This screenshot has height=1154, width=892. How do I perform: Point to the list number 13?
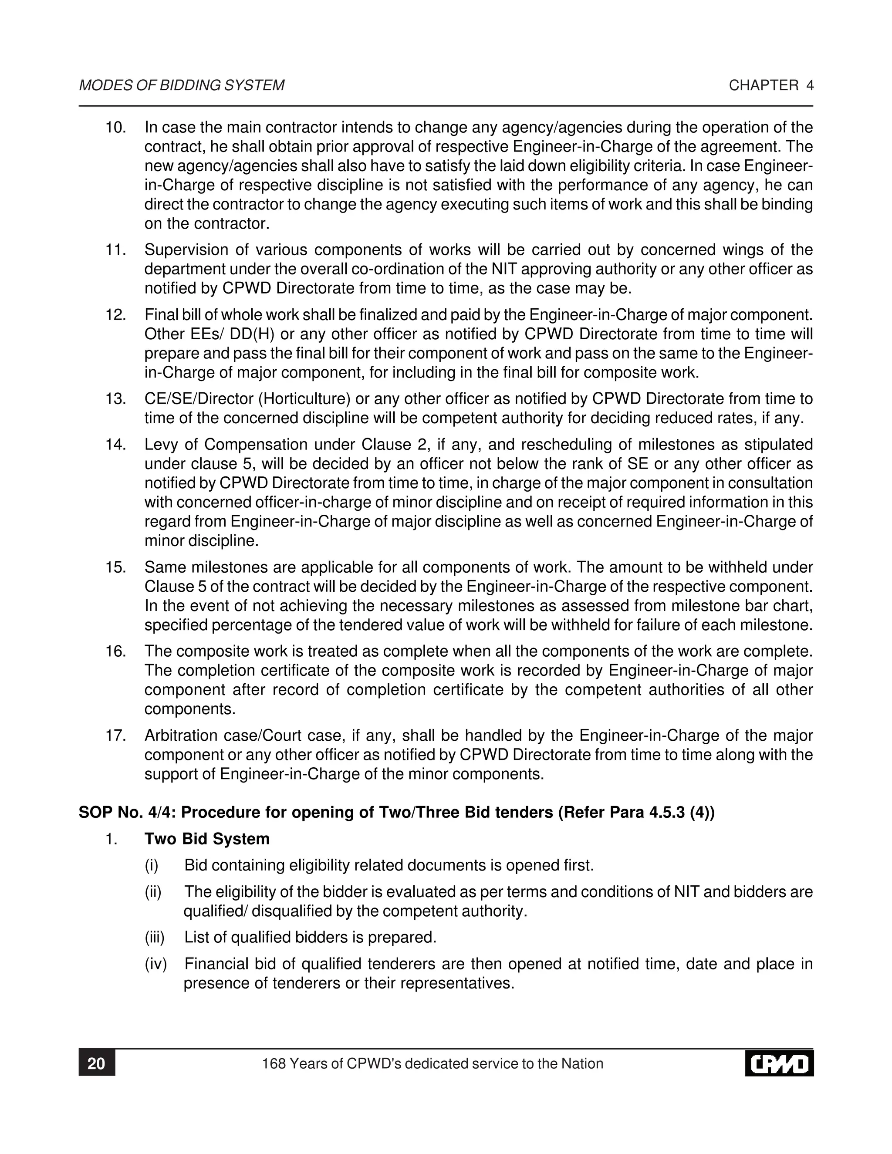pos(116,399)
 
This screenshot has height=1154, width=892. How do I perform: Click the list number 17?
pos(116,736)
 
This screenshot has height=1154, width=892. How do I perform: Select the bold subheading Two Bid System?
pos(207,839)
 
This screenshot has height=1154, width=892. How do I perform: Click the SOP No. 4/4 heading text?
pos(396,812)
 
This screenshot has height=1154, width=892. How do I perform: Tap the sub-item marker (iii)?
pos(155,938)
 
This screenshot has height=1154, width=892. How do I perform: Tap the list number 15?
pos(116,567)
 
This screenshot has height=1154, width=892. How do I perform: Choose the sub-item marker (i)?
pos(152,866)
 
